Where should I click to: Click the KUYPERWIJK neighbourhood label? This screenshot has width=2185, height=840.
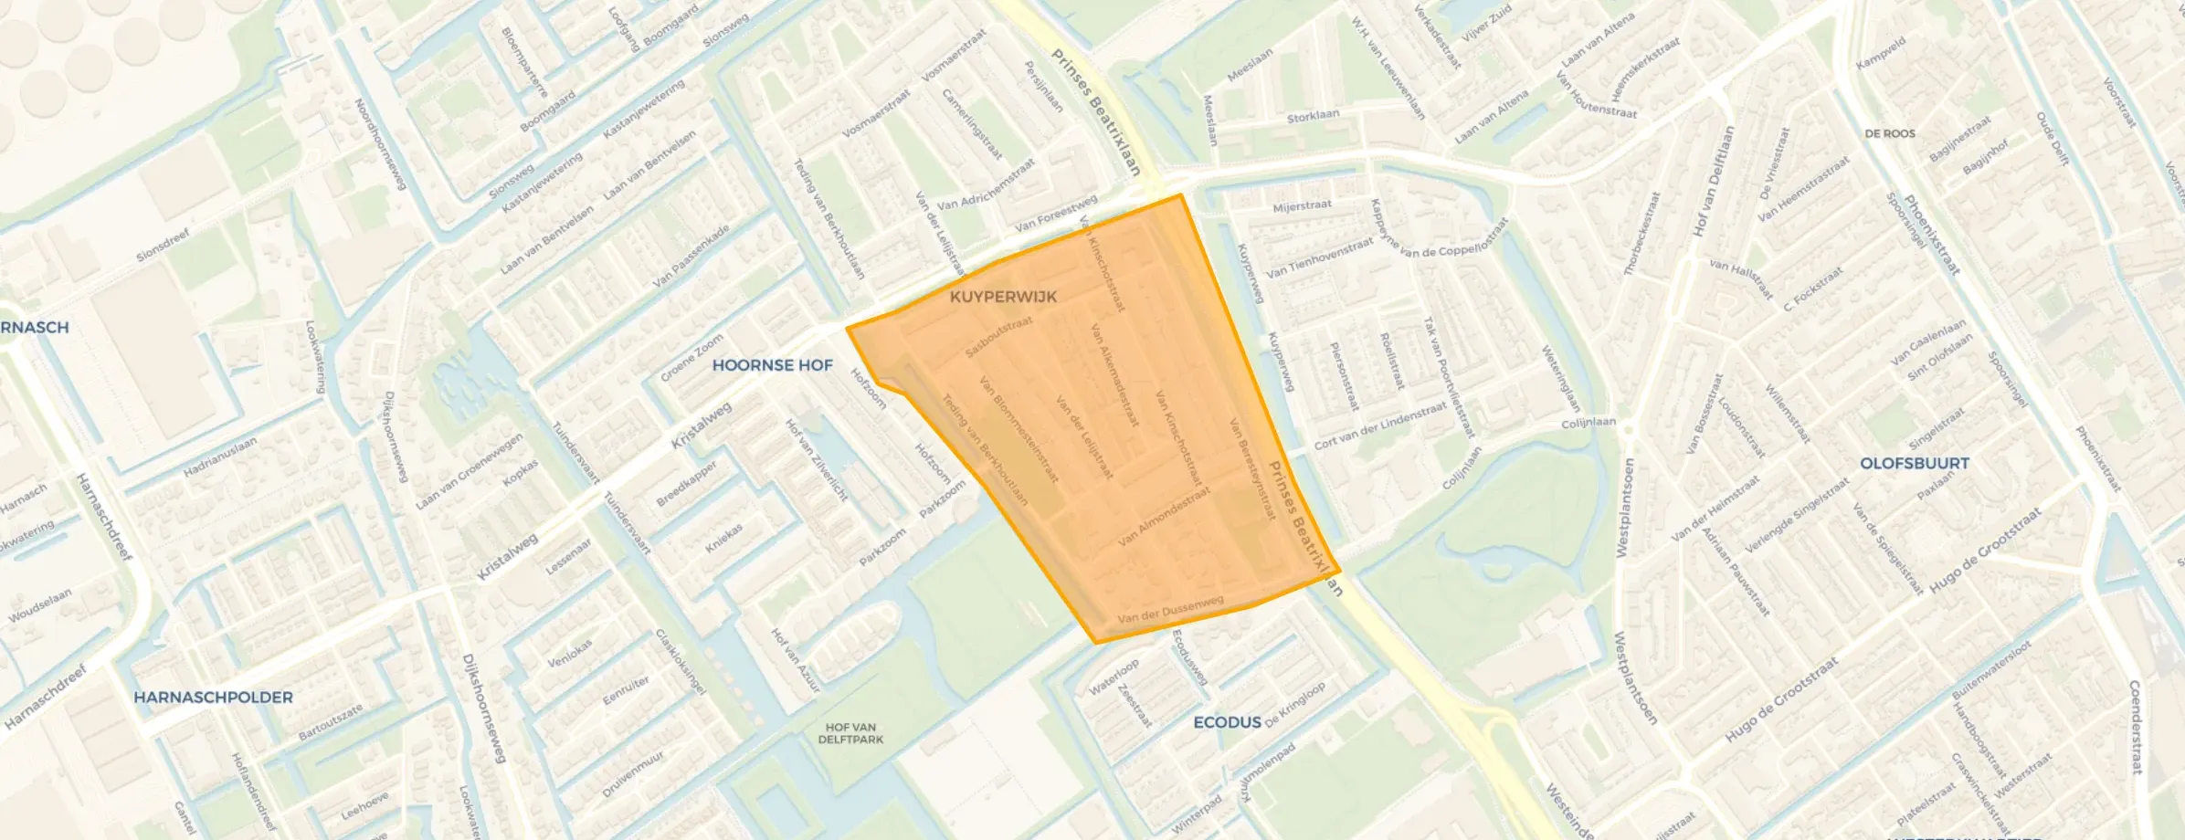(x=1003, y=297)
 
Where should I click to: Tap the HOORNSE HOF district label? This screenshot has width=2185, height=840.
(x=772, y=365)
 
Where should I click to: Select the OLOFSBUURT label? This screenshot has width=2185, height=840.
(x=1915, y=463)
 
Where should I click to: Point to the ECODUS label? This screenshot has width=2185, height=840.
(x=1227, y=722)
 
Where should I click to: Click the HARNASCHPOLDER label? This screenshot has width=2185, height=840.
(x=213, y=698)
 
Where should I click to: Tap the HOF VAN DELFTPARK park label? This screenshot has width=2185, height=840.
(x=850, y=733)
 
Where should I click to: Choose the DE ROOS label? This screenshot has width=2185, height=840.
(x=1890, y=133)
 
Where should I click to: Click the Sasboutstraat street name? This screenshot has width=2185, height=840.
(x=998, y=337)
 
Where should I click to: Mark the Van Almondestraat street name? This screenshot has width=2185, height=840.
(x=1164, y=517)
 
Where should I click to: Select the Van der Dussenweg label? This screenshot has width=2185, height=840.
(x=1170, y=610)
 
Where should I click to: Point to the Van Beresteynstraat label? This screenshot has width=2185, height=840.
(x=1251, y=469)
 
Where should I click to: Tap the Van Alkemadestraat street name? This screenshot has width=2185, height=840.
(x=1114, y=374)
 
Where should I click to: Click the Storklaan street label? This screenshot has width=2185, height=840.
(x=1313, y=117)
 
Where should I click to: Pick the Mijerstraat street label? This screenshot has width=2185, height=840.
(x=1302, y=206)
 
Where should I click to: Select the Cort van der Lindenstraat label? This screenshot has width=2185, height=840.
(x=1379, y=425)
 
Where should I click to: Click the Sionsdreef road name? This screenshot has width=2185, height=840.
(x=163, y=245)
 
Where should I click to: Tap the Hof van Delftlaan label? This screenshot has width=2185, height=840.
(x=1713, y=181)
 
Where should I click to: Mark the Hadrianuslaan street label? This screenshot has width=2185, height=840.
(x=220, y=457)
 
